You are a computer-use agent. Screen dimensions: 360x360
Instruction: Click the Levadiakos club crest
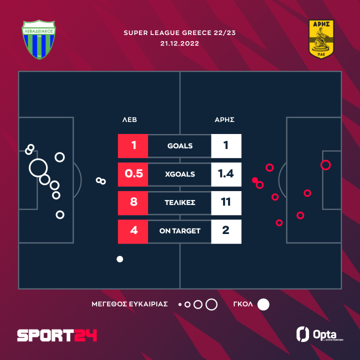38,39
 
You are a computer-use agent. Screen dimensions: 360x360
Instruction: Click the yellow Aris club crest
321,39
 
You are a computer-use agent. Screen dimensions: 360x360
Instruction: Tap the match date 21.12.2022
179,43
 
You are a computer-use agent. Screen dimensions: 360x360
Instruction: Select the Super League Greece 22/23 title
179,33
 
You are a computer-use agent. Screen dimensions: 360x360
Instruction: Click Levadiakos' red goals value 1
133,145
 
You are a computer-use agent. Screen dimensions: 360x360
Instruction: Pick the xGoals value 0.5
133,174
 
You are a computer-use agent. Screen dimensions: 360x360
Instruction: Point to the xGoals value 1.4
226,174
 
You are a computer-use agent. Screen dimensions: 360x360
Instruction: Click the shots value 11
226,202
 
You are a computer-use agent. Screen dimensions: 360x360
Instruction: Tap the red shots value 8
133,202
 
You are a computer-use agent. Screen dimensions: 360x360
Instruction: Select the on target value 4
133,230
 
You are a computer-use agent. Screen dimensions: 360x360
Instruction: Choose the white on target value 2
226,230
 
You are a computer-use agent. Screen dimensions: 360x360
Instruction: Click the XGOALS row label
180,174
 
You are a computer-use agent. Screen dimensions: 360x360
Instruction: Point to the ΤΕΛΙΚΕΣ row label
180,202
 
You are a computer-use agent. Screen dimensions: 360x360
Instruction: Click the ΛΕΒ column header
129,120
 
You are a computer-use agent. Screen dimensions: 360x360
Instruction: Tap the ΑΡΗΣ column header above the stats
224,120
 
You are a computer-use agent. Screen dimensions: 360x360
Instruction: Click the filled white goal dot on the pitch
120,259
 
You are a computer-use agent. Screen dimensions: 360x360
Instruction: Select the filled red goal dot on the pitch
255,180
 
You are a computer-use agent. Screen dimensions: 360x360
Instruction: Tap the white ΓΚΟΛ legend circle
263,304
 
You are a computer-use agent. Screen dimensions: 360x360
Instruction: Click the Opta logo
319,334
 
